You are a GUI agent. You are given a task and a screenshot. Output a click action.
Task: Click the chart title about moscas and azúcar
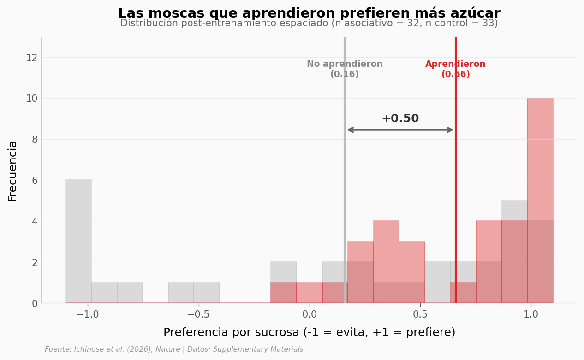click(309, 13)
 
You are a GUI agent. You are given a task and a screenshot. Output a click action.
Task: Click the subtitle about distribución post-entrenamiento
click(309, 24)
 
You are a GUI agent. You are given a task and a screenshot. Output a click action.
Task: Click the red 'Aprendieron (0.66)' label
click(455, 69)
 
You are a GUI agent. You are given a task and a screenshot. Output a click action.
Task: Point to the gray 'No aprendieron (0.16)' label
click(345, 69)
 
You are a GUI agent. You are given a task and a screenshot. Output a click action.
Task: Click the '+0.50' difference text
click(400, 119)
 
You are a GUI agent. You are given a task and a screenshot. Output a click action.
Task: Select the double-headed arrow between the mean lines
click(400, 130)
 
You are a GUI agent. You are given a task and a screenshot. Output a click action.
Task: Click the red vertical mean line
click(456, 184)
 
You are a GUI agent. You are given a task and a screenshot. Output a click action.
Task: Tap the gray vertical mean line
click(344, 184)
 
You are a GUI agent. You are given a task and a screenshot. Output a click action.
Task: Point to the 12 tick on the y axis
click(31, 58)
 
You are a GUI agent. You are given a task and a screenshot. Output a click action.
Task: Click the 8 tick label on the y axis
click(34, 140)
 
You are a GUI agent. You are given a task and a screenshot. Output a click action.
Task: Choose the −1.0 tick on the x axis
click(87, 314)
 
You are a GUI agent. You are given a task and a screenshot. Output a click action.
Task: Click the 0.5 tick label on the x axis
click(420, 314)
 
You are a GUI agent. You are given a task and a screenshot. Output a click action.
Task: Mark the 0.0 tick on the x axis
click(310, 314)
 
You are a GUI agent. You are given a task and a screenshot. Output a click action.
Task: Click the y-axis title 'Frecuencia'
click(13, 171)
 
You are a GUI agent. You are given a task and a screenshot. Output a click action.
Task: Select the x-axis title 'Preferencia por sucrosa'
click(309, 333)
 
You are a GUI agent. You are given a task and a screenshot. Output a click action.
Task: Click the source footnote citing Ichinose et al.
click(174, 350)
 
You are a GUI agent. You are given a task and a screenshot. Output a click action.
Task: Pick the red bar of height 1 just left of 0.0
click(284, 293)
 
